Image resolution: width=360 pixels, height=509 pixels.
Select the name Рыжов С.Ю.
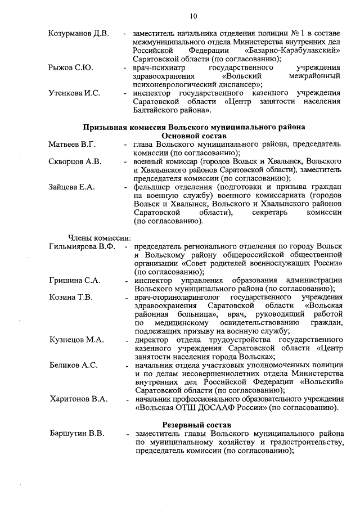(70, 67)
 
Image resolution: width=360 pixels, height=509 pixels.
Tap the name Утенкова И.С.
(74, 93)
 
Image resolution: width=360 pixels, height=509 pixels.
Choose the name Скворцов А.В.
(75, 162)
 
